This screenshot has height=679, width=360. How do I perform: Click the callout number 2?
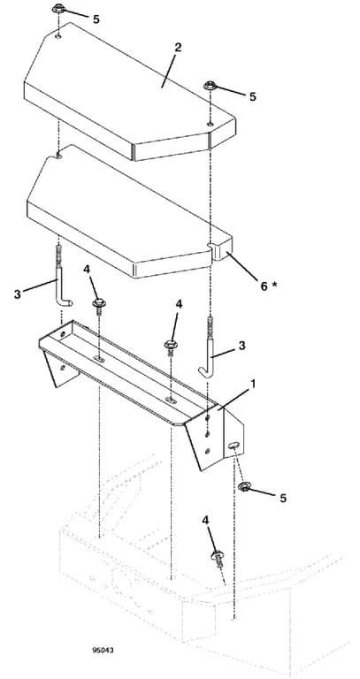point(178,48)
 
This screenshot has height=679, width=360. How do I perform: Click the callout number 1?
point(254,383)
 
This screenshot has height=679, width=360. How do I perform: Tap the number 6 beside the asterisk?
point(264,286)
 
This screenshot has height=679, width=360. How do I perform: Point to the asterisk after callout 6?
point(275,284)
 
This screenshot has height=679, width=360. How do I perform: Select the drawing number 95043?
point(104,650)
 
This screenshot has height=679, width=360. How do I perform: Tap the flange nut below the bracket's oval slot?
point(244,487)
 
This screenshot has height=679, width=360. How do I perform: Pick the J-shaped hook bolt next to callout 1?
point(210,347)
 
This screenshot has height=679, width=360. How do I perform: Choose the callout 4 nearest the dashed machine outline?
point(205,520)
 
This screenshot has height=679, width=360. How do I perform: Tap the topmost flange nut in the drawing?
point(57,9)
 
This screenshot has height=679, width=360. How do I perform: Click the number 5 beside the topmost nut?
point(96,19)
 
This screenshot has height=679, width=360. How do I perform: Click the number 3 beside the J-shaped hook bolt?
point(241,346)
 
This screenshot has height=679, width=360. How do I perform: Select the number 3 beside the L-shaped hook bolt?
point(17,294)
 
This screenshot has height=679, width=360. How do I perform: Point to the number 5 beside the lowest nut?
point(283,499)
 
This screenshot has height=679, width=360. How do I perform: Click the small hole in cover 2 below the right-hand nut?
point(210,125)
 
